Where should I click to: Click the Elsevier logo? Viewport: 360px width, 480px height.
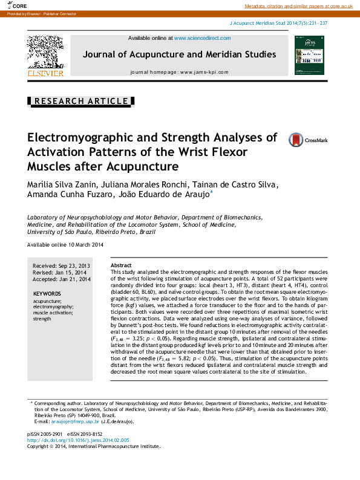[x=45, y=56]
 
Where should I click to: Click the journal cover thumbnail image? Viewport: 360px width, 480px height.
[x=309, y=56]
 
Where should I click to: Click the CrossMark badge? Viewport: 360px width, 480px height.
[x=308, y=140]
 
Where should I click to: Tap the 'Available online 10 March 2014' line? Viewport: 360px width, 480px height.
[x=65, y=244]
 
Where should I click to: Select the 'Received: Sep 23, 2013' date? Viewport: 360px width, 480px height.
[x=61, y=265]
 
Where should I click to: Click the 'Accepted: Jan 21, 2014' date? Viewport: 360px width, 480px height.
[x=61, y=279]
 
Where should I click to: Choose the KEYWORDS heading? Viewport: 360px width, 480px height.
[x=47, y=294]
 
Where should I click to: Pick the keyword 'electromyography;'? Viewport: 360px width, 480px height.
[x=53, y=306]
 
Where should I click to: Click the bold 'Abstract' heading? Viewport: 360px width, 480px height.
[x=121, y=265]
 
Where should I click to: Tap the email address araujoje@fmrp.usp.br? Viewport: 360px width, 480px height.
[x=75, y=421]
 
